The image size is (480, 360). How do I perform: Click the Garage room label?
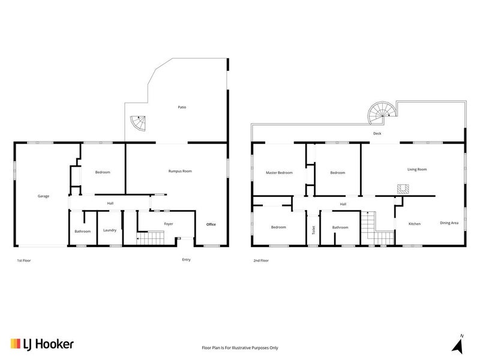pyautogui.click(x=43, y=196)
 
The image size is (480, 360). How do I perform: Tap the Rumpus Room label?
pyautogui.click(x=180, y=171)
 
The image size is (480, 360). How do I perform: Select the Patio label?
pyautogui.click(x=182, y=107)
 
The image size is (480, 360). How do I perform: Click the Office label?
pyautogui.click(x=211, y=224)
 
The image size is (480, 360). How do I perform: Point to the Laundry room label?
pyautogui.click(x=110, y=230)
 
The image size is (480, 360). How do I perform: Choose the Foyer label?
pyautogui.click(x=169, y=224)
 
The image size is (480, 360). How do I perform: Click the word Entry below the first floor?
pyautogui.click(x=186, y=260)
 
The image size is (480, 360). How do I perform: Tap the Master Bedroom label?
pyautogui.click(x=279, y=173)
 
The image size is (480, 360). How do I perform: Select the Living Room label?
pyautogui.click(x=417, y=169)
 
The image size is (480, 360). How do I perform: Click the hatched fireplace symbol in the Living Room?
pyautogui.click(x=403, y=189)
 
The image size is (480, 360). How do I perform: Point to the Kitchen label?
pyautogui.click(x=415, y=224)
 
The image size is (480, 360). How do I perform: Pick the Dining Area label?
pyautogui.click(x=449, y=223)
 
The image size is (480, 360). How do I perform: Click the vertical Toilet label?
pyautogui.click(x=313, y=230)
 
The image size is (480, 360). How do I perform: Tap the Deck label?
pyautogui.click(x=377, y=133)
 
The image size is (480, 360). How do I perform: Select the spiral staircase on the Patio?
pyautogui.click(x=138, y=123)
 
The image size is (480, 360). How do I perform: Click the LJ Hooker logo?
pyautogui.click(x=42, y=344)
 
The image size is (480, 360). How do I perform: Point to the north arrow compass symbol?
pyautogui.click(x=458, y=344)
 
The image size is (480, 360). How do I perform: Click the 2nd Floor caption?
pyautogui.click(x=261, y=260)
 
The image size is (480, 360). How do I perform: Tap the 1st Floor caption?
pyautogui.click(x=24, y=260)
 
